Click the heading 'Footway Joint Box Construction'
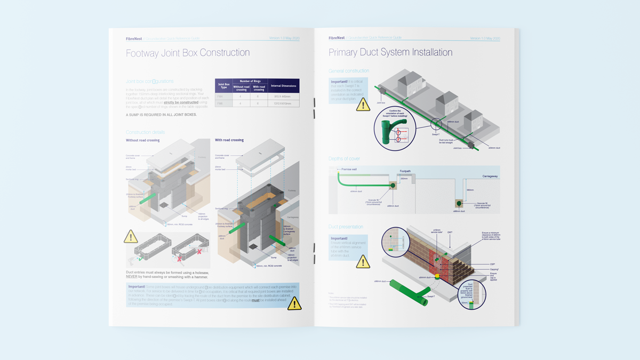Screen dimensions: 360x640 [188, 53]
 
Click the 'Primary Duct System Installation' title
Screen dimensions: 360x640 [390, 52]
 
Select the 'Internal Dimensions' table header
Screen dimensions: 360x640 [283, 86]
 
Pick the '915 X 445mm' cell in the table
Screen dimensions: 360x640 [283, 97]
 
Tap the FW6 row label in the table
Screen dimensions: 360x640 [220, 103]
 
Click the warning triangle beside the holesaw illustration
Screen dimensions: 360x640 [131, 237]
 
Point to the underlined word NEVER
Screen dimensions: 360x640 [131, 277]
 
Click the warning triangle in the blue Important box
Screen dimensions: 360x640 [294, 303]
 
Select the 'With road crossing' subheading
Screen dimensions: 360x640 [229, 140]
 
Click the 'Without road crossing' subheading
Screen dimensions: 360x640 [142, 140]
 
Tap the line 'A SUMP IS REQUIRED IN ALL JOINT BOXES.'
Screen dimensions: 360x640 [161, 115]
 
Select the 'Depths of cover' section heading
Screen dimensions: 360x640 [344, 159]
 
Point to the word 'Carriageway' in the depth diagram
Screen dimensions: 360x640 [490, 176]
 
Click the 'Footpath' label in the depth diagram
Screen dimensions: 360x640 [405, 172]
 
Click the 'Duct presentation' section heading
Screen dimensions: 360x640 [346, 227]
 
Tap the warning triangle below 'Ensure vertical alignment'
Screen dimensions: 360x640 [363, 261]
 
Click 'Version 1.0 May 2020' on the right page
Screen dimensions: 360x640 [485, 38]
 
